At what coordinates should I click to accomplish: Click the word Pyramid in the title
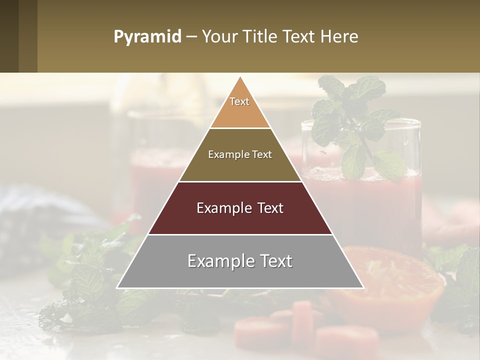(147, 37)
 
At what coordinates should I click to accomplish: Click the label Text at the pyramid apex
(239, 101)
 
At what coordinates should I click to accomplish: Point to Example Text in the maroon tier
(240, 208)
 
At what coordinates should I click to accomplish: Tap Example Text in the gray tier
(240, 261)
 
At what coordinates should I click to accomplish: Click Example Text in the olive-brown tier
(240, 154)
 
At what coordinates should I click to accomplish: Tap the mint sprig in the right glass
(355, 125)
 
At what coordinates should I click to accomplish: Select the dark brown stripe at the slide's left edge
(9, 36)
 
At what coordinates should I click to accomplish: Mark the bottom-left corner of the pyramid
(117, 287)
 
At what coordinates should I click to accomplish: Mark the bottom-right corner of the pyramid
(363, 287)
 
